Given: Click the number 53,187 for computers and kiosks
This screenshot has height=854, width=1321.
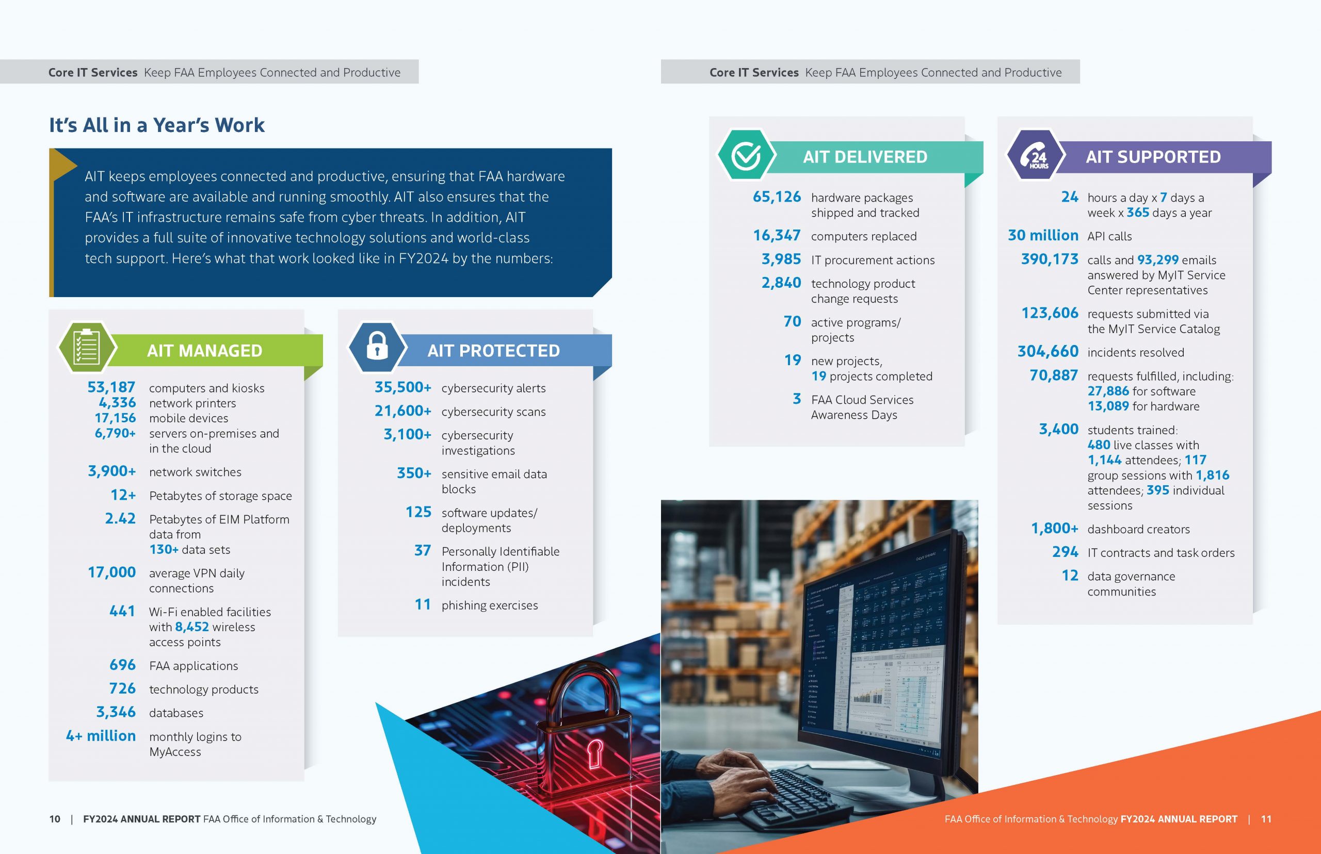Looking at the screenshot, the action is (x=111, y=387).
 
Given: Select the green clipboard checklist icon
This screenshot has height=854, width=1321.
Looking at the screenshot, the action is (x=87, y=347).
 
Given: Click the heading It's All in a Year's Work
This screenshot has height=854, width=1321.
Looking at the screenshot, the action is (x=157, y=125).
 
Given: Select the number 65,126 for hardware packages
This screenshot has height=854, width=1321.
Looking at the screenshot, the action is (x=777, y=197).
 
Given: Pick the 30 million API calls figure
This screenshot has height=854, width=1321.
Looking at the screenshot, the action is (x=1043, y=235).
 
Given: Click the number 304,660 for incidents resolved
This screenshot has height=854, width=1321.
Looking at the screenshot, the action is (x=1048, y=351).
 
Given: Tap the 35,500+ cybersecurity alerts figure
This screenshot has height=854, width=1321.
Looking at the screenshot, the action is (x=403, y=387).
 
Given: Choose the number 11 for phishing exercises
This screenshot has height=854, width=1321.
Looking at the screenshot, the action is (x=423, y=604).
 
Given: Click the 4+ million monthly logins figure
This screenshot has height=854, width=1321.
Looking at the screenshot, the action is (x=101, y=736).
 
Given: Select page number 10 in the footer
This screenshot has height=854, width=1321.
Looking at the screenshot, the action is (x=54, y=819).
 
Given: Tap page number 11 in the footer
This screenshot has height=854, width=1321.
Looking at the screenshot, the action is (x=1266, y=819).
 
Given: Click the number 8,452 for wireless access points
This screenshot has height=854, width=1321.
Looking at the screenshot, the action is (x=192, y=627).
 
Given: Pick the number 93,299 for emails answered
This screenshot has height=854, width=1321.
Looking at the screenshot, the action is (x=1158, y=259).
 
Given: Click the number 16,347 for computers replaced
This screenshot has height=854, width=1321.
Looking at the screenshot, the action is (x=777, y=235).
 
